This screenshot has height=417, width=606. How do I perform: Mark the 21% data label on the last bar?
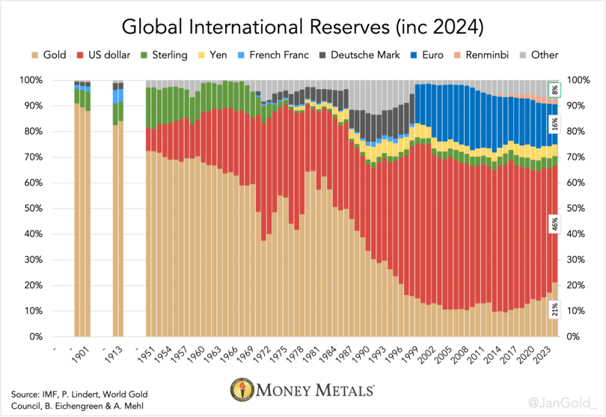pos(554,310)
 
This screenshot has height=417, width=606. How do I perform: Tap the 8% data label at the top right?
pos(554,89)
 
